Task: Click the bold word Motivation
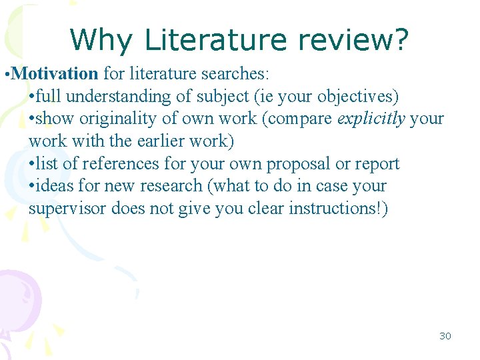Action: point(55,73)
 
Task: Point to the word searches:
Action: point(239,73)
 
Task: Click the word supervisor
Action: point(67,209)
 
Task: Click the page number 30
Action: point(445,336)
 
